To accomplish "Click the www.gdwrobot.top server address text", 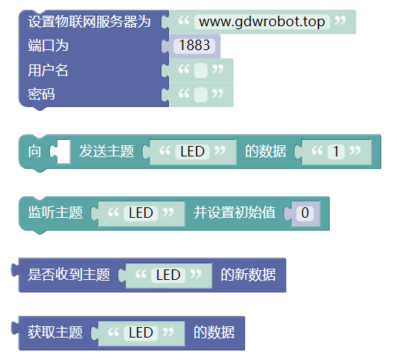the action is tap(262, 22).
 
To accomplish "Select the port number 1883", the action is tap(194, 46).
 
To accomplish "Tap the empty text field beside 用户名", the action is tap(201, 70).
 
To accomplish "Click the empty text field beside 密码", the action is tap(201, 95).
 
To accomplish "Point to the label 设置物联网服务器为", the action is tap(90, 22).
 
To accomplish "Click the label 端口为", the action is tap(48, 46).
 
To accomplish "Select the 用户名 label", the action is tap(48, 70).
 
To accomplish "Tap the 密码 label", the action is tap(42, 94).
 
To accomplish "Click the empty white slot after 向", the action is tap(64, 151).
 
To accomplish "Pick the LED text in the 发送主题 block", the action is tap(192, 152).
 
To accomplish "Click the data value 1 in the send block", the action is tap(336, 152).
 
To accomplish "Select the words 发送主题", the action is tap(107, 151).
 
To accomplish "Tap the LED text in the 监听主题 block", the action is tap(141, 213).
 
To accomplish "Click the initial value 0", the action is tap(305, 213).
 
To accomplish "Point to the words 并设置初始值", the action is tap(235, 213).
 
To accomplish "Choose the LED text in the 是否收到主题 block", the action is tap(168, 275).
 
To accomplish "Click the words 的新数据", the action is tap(248, 275).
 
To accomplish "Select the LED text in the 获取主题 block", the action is tap(141, 332).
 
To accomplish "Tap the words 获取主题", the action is tap(55, 332).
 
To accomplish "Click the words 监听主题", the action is tap(55, 213).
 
